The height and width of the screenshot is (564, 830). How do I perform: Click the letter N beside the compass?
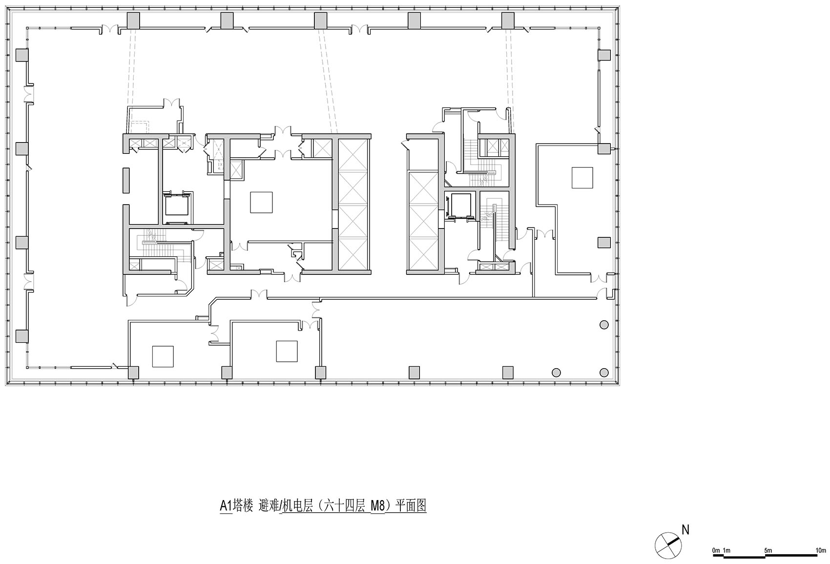(x=685, y=529)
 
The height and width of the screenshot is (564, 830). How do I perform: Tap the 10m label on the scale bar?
(x=820, y=550)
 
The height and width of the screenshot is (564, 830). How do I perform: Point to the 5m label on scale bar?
(x=768, y=550)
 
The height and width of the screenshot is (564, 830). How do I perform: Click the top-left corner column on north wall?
(x=133, y=21)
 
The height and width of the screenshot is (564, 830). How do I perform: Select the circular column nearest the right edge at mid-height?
(x=604, y=325)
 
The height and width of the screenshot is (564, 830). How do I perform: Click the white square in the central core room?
(x=261, y=202)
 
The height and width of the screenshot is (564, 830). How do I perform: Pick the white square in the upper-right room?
(x=582, y=177)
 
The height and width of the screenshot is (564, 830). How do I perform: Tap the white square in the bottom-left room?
(x=163, y=356)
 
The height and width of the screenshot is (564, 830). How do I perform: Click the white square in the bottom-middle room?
(x=287, y=351)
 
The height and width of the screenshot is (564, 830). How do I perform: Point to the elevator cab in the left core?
(x=176, y=207)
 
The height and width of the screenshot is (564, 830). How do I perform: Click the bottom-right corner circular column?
(x=604, y=373)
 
